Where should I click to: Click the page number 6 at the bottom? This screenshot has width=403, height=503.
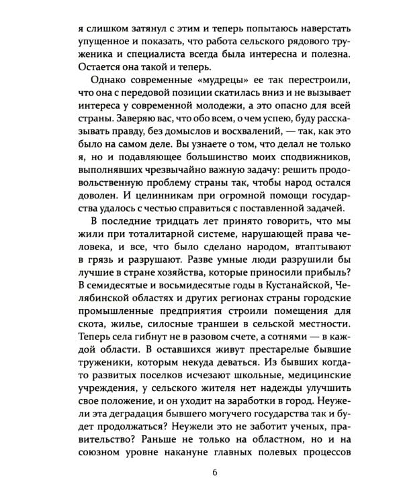point(214,473)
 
